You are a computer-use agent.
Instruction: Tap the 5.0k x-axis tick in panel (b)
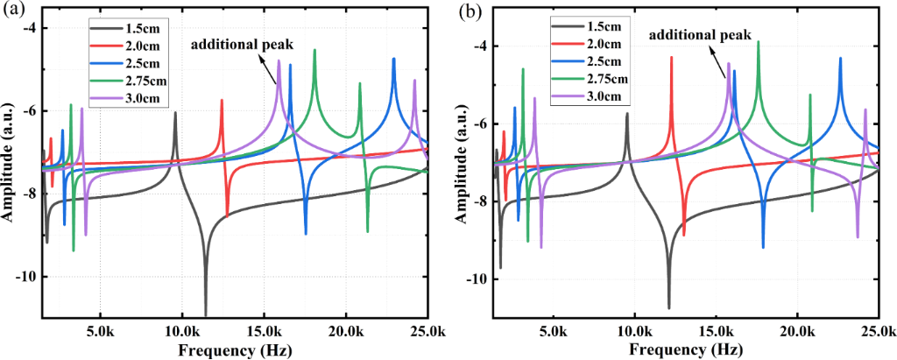tap(552, 335)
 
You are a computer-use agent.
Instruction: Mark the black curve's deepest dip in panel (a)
tap(206, 314)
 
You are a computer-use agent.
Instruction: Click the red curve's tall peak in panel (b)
tap(672, 58)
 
